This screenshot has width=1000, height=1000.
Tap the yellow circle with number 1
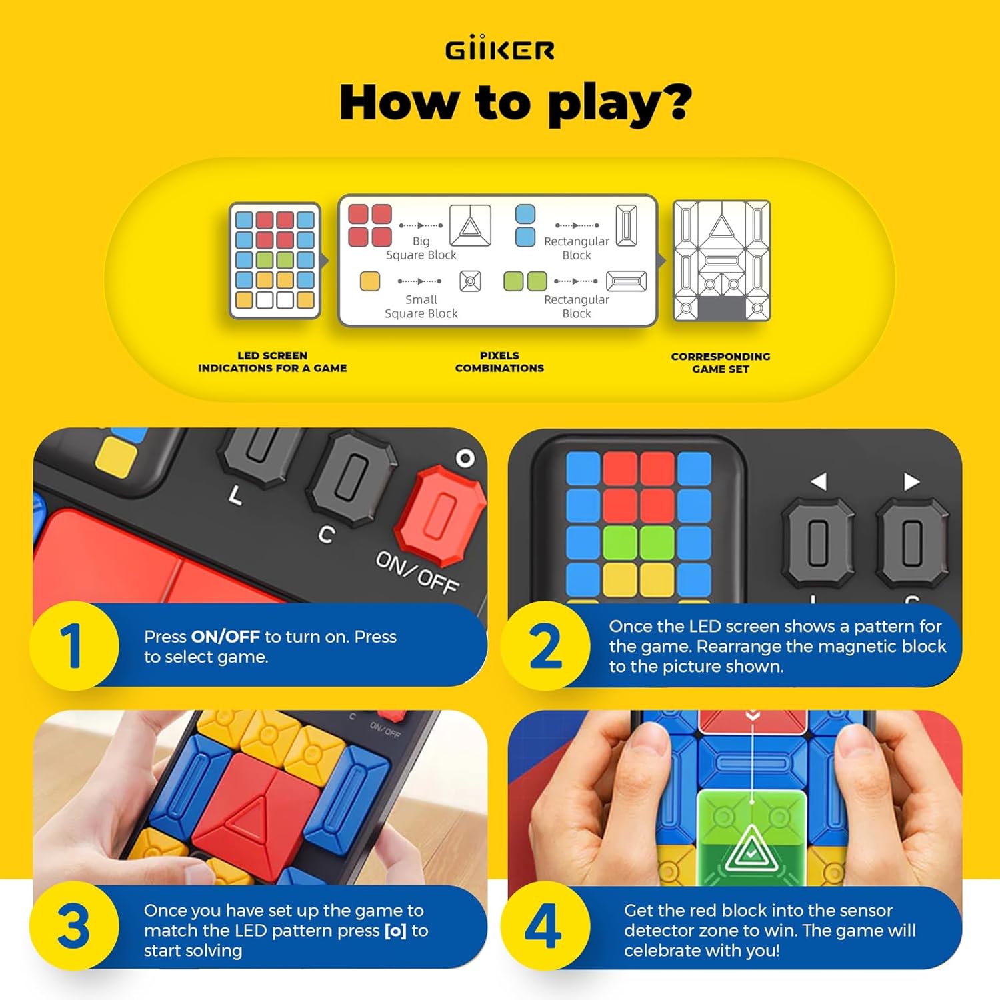[73, 645]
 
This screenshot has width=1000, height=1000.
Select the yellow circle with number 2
[545, 645]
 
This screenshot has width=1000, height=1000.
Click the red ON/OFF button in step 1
[440, 513]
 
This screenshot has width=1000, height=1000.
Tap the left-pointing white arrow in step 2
[819, 481]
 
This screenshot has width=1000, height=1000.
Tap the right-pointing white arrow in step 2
[911, 481]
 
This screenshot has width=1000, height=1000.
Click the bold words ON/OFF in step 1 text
[225, 637]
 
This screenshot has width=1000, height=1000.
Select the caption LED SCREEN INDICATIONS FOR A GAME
[272, 361]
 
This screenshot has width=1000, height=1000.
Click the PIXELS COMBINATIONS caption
[499, 361]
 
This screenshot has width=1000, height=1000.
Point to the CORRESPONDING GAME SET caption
[721, 363]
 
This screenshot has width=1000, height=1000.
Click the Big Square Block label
[421, 247]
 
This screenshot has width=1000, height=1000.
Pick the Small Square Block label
[421, 306]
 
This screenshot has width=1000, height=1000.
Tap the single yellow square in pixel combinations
[370, 281]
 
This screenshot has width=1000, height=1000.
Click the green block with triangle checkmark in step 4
[751, 833]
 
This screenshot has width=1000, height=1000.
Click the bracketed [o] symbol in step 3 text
[396, 931]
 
